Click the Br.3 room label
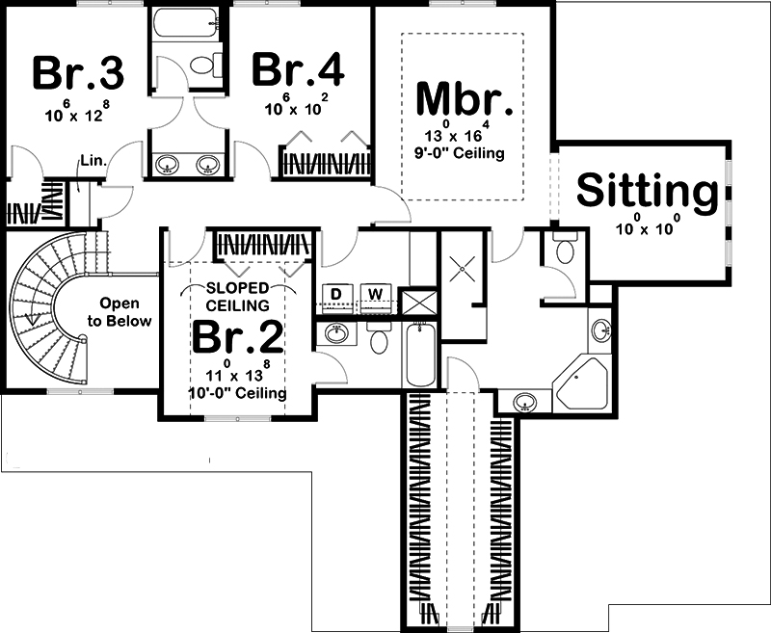(78, 74)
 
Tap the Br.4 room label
(298, 69)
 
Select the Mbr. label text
(465, 100)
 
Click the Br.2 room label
(238, 337)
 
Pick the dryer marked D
(335, 298)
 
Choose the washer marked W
(376, 298)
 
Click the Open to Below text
(120, 312)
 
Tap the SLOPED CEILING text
(237, 297)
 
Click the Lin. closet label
(93, 160)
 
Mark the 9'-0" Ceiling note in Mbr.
(460, 153)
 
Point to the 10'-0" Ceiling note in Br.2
(237, 393)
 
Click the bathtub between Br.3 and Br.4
(185, 23)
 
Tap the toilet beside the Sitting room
(565, 250)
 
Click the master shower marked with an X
(463, 269)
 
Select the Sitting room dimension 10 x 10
(648, 228)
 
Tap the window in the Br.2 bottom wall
(237, 419)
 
